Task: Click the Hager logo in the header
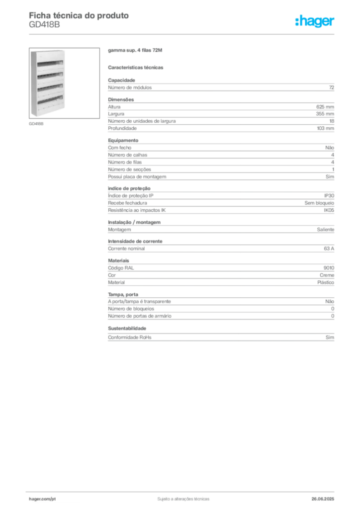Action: coord(314,21)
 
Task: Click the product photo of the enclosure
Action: coord(64,83)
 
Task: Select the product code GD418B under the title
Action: coord(44,25)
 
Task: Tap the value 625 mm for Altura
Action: coord(325,107)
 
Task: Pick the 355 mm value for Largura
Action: coord(325,114)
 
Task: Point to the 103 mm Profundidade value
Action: coord(325,128)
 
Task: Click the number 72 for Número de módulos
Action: coord(332,87)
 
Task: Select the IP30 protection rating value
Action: coord(329,196)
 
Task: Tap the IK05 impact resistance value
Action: coord(329,210)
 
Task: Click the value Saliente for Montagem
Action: coord(326,230)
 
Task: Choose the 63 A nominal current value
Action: coord(329,249)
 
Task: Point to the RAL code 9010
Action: coord(329,268)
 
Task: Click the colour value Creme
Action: coord(327,275)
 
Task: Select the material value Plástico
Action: coord(326,282)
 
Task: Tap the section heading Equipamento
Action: coord(123,141)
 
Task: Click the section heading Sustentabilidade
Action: coord(127,329)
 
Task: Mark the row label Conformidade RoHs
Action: coord(129,338)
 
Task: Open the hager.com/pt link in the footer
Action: coord(42,499)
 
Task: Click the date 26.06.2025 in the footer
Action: coord(323,499)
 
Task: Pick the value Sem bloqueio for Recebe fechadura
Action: coord(319,203)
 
